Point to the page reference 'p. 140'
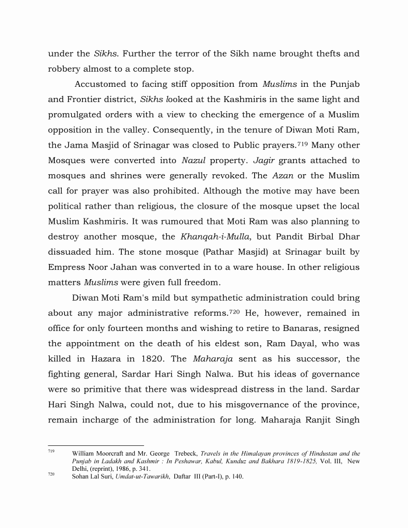(234, 477)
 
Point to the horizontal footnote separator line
(96, 446)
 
